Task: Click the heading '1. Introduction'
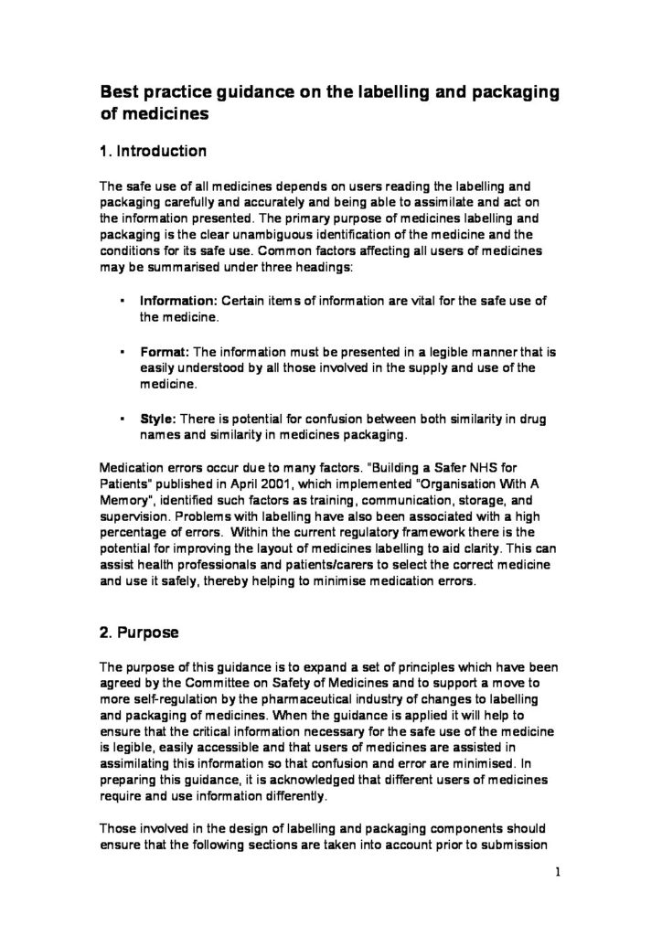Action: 154,150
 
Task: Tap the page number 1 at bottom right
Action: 557,873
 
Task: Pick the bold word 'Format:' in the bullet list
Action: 164,351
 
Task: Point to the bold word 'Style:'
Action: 157,418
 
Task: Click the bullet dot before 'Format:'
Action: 123,351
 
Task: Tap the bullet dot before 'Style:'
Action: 123,418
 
